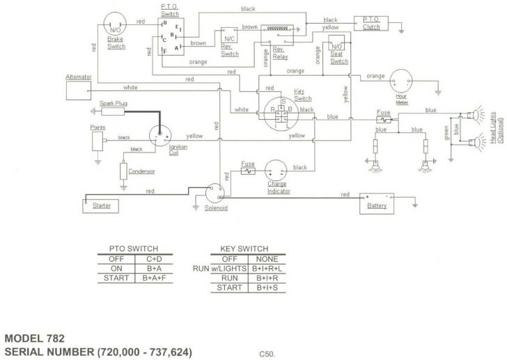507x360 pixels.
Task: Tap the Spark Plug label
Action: pyautogui.click(x=114, y=104)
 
